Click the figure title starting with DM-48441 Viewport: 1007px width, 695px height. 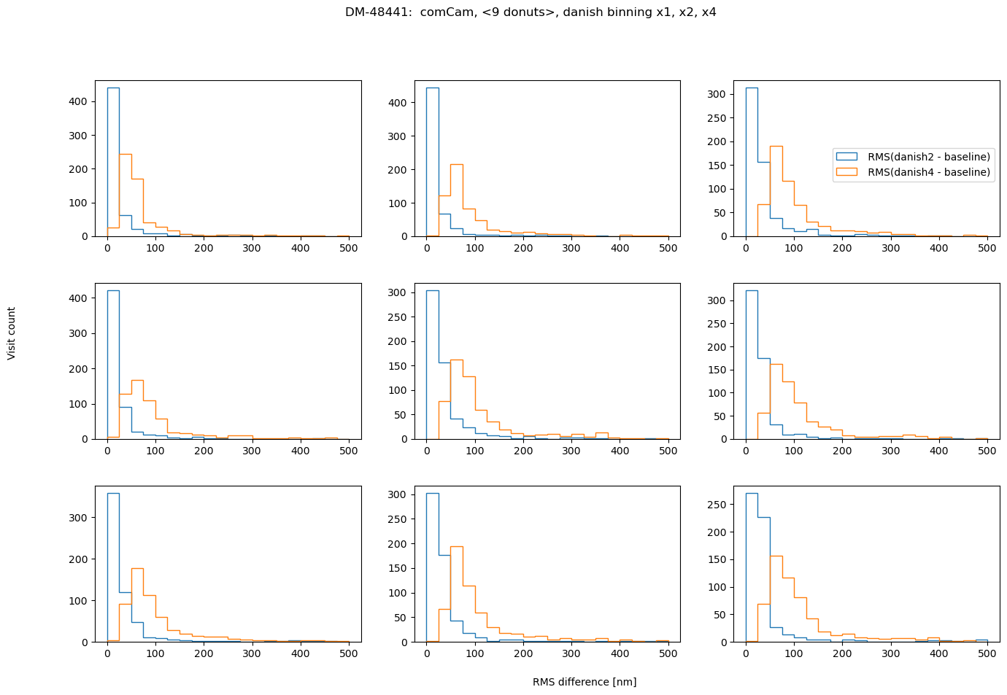click(x=530, y=12)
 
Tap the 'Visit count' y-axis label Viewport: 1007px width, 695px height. click(x=12, y=333)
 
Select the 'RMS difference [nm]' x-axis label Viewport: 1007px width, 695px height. click(x=584, y=682)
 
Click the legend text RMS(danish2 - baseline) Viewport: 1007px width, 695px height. click(x=929, y=157)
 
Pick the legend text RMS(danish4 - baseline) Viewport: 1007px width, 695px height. click(x=929, y=172)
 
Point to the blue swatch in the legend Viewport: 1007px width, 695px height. click(x=846, y=157)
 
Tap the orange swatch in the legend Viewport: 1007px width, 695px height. click(x=846, y=172)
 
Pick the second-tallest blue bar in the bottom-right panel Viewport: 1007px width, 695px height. click(x=764, y=580)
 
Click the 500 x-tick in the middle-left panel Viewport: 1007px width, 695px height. click(x=349, y=451)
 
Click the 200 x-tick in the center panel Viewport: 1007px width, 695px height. click(x=523, y=451)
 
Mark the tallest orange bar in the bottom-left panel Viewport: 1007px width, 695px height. click(x=137, y=605)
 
